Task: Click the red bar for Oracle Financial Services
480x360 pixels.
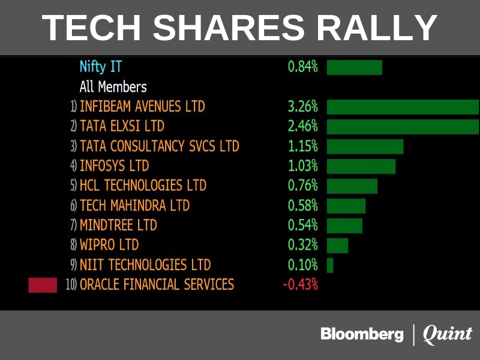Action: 43,284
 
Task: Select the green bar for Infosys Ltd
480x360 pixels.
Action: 361,166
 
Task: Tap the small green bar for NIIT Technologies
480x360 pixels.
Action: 330,265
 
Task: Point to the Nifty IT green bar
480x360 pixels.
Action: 354,67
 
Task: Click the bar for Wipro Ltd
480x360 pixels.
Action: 337,245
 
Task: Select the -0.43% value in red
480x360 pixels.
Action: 300,284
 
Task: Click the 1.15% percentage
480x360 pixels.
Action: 302,146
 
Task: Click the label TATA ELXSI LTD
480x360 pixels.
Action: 122,127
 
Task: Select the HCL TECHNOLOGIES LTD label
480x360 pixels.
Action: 143,185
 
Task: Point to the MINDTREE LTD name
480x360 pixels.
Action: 118,225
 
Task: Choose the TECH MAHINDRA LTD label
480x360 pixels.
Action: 134,205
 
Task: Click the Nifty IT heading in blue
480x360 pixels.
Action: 101,67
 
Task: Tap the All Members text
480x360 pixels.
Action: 113,87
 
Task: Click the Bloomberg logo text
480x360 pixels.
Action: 362,334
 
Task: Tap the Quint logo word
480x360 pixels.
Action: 448,334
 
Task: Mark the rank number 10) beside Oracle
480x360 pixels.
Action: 71,284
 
